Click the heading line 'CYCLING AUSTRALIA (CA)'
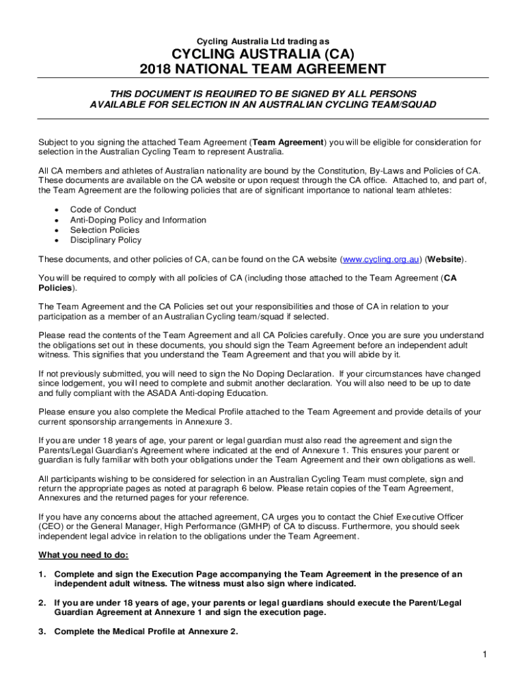263,54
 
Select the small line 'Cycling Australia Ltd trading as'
263,41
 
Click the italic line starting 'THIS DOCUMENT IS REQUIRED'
263,93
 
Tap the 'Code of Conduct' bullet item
103,210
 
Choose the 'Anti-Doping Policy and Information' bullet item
138,220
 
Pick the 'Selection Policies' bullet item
105,230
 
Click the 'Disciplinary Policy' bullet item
106,240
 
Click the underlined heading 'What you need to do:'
83,554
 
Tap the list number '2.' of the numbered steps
42,603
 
